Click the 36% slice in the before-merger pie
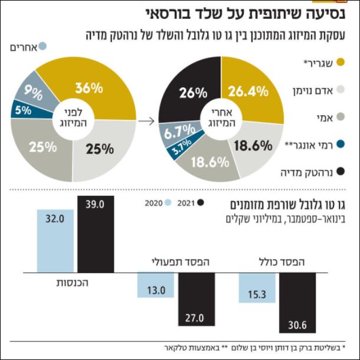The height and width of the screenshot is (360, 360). pos(94,89)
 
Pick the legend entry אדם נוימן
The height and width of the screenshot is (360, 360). pos(319,90)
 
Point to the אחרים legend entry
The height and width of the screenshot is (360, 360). pos(27,46)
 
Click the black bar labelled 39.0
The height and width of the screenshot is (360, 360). pos(96,233)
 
